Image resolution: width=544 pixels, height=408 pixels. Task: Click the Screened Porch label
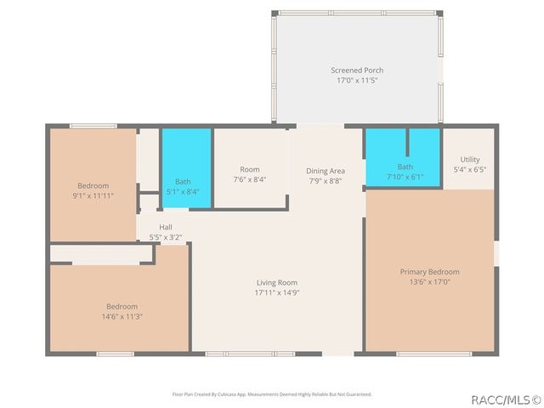coord(357,70)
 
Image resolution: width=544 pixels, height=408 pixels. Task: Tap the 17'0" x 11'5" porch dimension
coord(357,80)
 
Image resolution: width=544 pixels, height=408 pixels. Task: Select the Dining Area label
coord(326,171)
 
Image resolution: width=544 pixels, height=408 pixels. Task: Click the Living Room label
coord(277,282)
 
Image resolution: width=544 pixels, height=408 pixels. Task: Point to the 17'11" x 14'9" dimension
coord(277,292)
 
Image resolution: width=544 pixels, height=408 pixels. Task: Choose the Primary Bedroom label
coord(430,272)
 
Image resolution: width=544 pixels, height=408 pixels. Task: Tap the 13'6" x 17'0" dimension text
coord(430,282)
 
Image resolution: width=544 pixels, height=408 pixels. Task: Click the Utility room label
coord(470,159)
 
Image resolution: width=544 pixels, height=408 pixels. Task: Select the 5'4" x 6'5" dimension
coord(470,169)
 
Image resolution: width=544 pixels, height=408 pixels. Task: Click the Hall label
coord(166,227)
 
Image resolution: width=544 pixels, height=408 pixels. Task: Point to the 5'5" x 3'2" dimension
coord(166,237)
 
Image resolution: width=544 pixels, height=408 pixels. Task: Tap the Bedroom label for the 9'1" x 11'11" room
coord(93,185)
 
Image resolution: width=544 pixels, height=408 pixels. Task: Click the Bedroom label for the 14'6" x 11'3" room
coord(122,306)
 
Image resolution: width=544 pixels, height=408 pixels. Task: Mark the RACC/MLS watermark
coord(499,398)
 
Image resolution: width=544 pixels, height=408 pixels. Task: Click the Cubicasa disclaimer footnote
coord(272,394)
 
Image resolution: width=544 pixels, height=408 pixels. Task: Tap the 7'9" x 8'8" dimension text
coord(326,181)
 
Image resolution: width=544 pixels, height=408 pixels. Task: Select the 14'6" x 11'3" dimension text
coord(122,316)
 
